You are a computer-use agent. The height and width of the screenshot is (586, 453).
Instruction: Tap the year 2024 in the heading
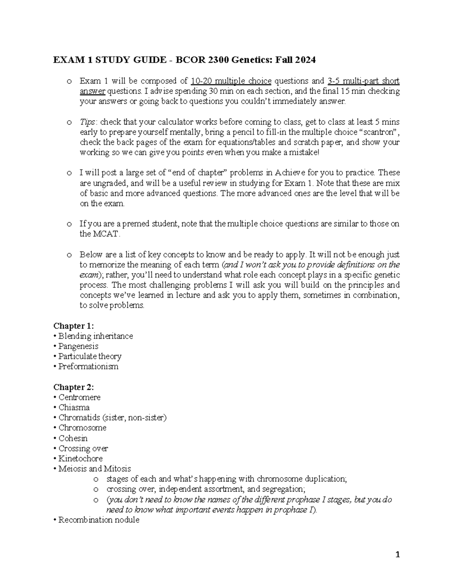pyautogui.click(x=305, y=60)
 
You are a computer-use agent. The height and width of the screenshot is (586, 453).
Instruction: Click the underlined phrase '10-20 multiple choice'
pyautogui.click(x=231, y=81)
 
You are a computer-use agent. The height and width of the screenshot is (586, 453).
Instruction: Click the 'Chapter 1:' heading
pyautogui.click(x=74, y=326)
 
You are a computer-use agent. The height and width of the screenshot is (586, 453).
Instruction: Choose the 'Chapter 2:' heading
pyautogui.click(x=74, y=387)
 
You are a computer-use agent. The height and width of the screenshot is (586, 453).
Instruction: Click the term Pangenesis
pyautogui.click(x=78, y=346)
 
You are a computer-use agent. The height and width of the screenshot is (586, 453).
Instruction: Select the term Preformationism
pyautogui.click(x=88, y=366)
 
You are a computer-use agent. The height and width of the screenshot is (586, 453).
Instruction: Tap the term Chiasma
pyautogui.click(x=74, y=408)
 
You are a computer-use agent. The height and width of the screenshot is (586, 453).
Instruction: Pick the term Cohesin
pyautogui.click(x=73, y=438)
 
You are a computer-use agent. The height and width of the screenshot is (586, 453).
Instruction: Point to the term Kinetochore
pyautogui.click(x=80, y=459)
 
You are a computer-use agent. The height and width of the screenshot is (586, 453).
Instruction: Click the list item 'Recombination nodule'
pyautogui.click(x=99, y=520)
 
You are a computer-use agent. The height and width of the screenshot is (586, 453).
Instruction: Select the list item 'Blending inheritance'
pyautogui.click(x=96, y=336)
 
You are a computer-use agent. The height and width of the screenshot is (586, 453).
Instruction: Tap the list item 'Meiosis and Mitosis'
pyautogui.click(x=94, y=469)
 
